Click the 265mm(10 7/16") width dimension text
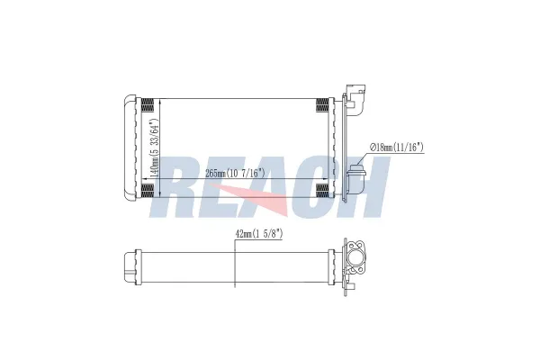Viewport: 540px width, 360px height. (235, 174)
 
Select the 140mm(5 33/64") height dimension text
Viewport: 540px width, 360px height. (154, 148)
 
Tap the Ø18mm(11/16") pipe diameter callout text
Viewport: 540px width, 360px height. (397, 148)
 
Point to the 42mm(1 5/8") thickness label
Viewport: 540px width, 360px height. (259, 234)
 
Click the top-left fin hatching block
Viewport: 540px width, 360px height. (148, 105)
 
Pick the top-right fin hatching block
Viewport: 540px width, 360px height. (322, 105)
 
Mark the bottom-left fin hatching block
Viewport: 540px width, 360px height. (148, 191)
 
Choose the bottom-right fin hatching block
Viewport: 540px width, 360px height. (322, 191)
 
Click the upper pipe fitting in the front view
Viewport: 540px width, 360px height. (355, 99)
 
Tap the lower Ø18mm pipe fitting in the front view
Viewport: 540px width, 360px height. (355, 179)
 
